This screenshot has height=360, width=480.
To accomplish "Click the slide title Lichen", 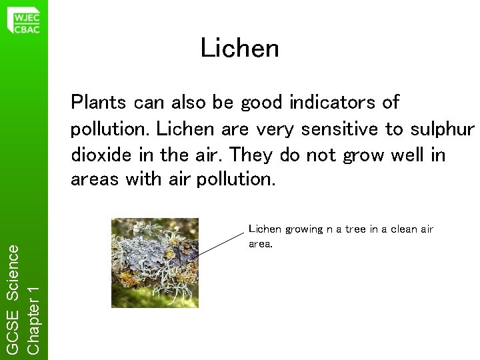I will click(x=239, y=48).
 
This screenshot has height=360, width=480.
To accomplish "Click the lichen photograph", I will click(x=155, y=262).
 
